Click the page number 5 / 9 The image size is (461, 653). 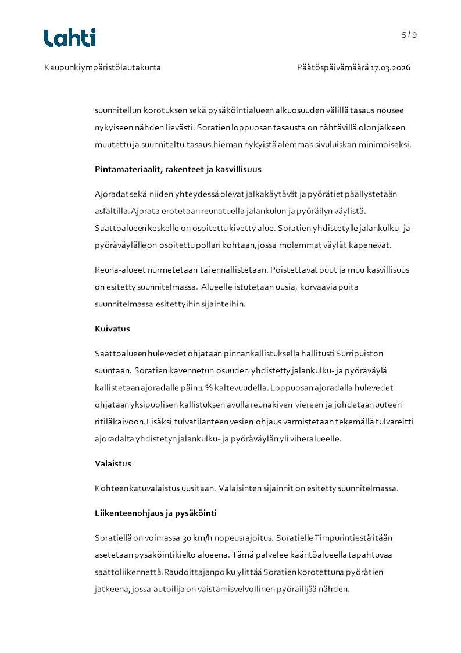[x=409, y=34]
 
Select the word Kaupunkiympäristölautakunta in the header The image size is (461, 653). [x=102, y=67]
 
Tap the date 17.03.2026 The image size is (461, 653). [x=391, y=67]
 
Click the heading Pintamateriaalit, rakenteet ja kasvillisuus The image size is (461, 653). [x=178, y=169]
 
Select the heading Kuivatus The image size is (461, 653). [x=112, y=329]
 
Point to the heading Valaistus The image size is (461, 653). [x=113, y=463]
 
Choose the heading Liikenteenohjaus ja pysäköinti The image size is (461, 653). [x=156, y=513]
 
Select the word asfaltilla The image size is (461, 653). [x=112, y=210]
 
